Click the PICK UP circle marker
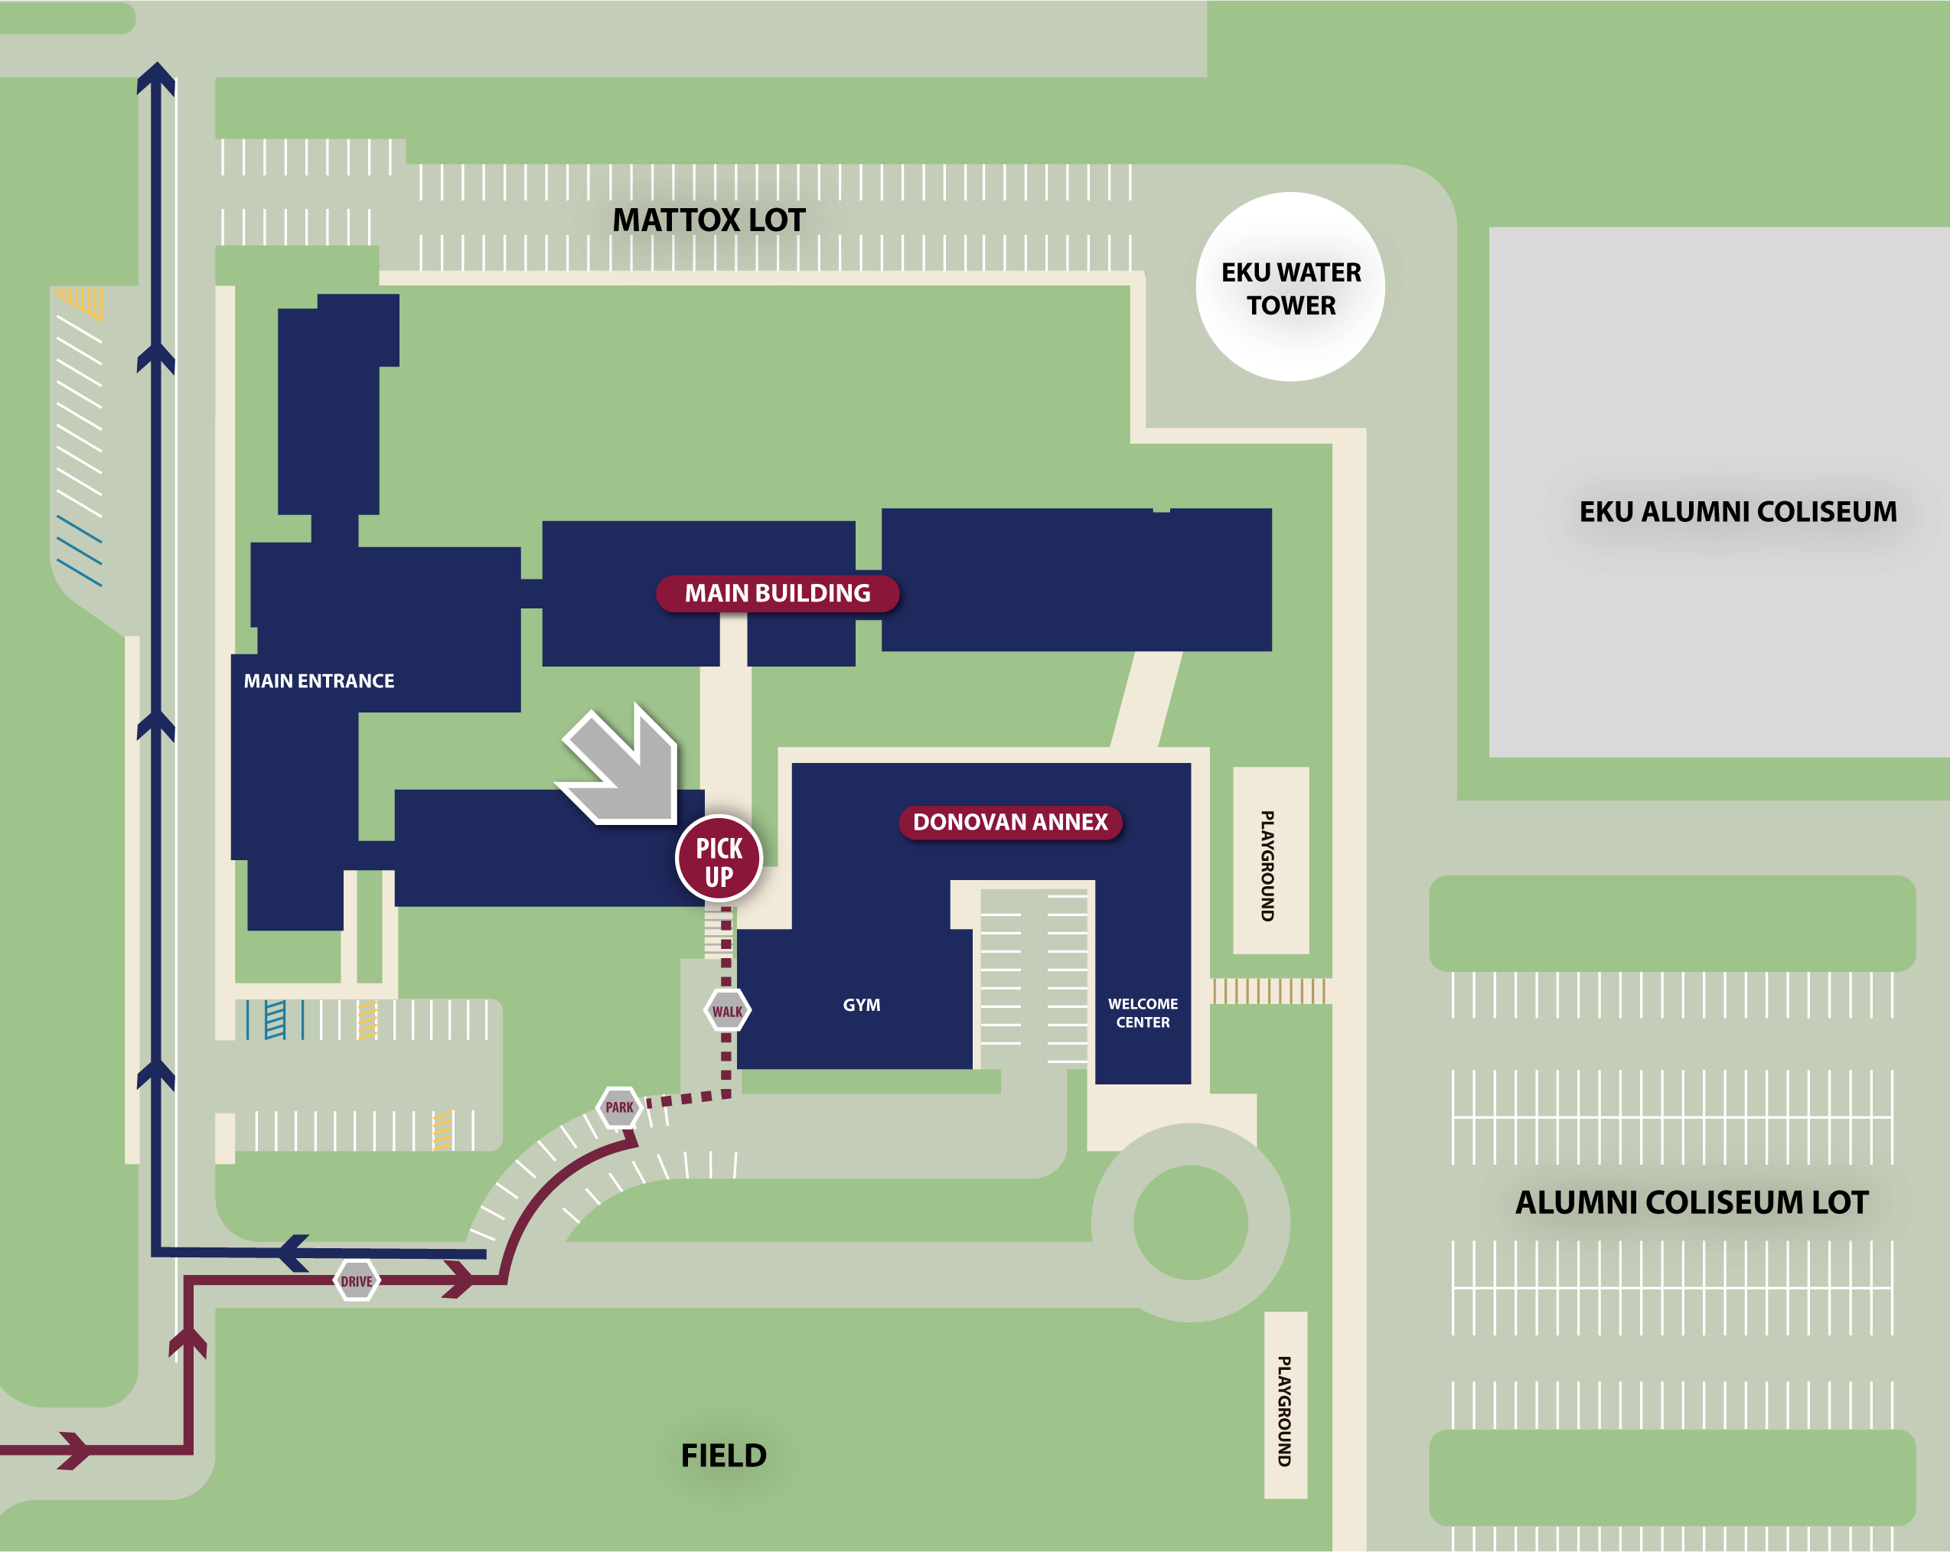tap(719, 859)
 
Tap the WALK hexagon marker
tap(727, 1010)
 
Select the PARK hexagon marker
tap(620, 1107)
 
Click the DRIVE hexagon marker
tap(357, 1280)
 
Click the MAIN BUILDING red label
tap(777, 593)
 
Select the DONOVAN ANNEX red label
tap(1010, 822)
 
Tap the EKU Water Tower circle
tap(1290, 288)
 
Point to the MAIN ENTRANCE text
tap(318, 681)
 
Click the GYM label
tap(861, 1005)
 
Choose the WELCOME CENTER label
tap(1143, 1013)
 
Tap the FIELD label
tap(723, 1456)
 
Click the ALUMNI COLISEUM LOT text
tap(1691, 1202)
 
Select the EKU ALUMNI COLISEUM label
tap(1737, 512)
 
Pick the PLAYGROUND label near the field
tap(1284, 1411)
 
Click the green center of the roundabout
tap(1190, 1222)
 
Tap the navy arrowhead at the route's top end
tap(155, 77)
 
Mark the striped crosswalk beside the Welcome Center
tap(1270, 991)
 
